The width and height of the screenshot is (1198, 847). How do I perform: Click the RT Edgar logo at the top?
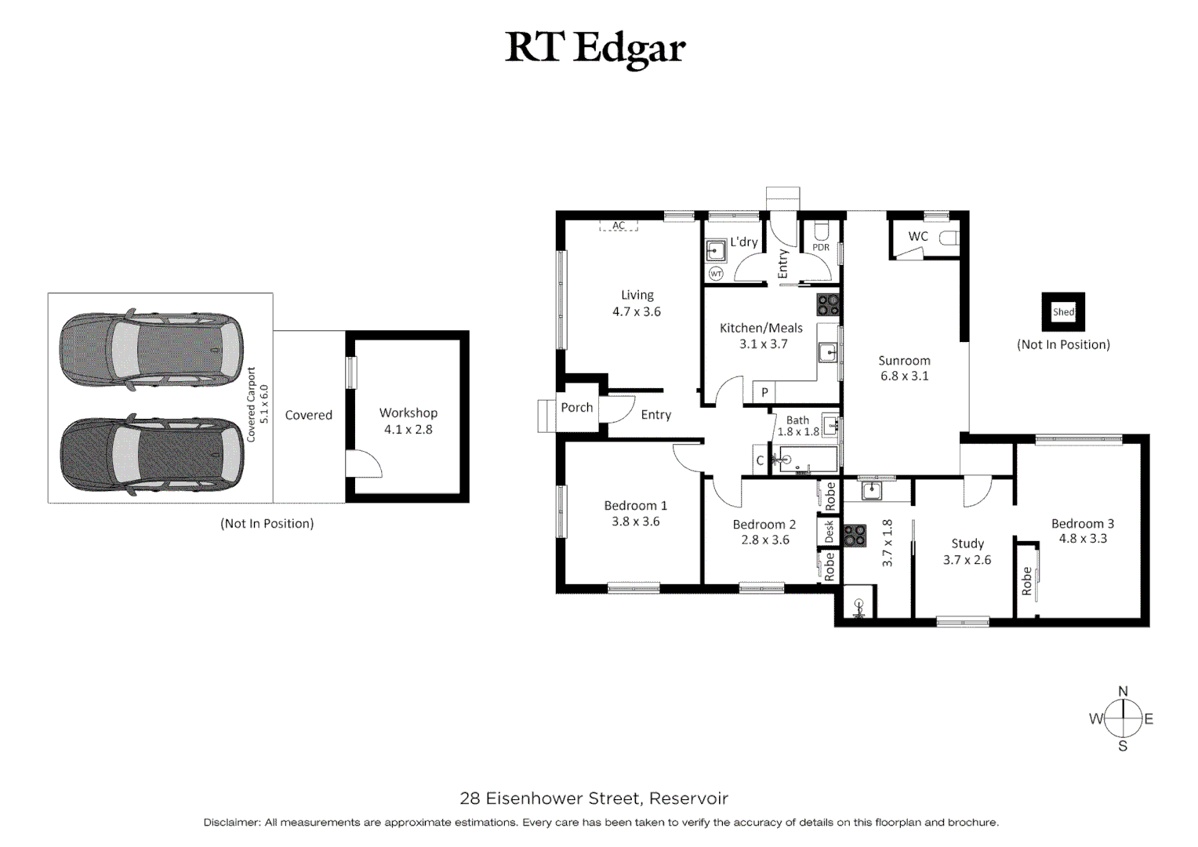tap(595, 49)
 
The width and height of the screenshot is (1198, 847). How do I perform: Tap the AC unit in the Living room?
tap(619, 226)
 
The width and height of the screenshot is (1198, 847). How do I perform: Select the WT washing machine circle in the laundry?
tap(716, 274)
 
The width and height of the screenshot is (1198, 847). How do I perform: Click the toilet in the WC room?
tap(949, 237)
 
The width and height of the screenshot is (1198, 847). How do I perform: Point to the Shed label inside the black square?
tap(1063, 312)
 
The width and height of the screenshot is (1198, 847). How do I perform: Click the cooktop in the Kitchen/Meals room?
tap(828, 305)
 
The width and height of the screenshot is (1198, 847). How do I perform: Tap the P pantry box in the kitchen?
tap(764, 392)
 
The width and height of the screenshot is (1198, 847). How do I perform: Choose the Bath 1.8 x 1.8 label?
tap(798, 426)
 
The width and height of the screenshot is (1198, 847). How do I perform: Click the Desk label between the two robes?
tap(829, 531)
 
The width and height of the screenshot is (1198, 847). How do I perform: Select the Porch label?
tap(576, 407)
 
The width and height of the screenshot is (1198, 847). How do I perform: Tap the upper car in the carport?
tap(151, 350)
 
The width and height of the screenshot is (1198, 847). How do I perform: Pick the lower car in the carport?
tap(151, 455)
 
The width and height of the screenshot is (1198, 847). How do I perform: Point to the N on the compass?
tap(1123, 691)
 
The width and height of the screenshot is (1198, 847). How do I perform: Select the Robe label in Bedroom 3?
tap(1026, 581)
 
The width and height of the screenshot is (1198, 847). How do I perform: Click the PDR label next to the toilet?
tap(821, 247)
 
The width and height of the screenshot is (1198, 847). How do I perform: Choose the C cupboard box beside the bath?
tap(760, 460)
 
